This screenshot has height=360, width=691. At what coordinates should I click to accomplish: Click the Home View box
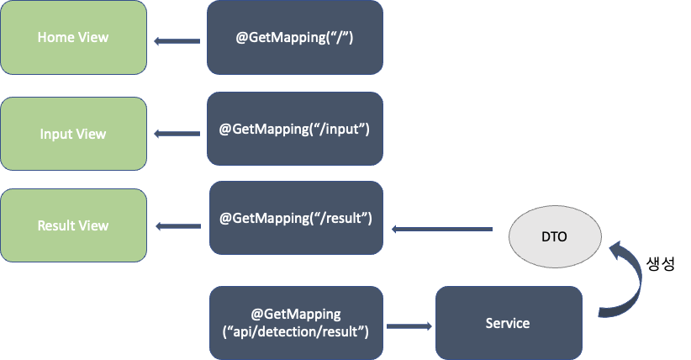pyautogui.click(x=73, y=38)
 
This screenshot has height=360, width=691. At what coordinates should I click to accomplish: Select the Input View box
pyautogui.click(x=73, y=134)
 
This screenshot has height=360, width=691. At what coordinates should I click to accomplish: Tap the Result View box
pyautogui.click(x=73, y=225)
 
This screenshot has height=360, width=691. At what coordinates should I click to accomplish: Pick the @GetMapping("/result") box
pyautogui.click(x=295, y=218)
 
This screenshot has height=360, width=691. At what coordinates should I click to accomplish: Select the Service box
pyautogui.click(x=508, y=323)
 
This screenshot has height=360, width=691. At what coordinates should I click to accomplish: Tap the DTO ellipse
pyautogui.click(x=555, y=236)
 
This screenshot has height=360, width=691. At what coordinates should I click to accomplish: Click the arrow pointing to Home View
pyautogui.click(x=177, y=40)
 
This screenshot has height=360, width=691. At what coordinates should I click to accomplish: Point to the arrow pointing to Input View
pyautogui.click(x=177, y=134)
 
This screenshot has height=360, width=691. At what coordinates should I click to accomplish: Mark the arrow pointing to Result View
pyautogui.click(x=177, y=225)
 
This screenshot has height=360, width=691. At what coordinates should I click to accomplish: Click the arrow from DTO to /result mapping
pyautogui.click(x=441, y=228)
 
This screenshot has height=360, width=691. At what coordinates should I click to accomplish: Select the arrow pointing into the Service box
pyautogui.click(x=409, y=323)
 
